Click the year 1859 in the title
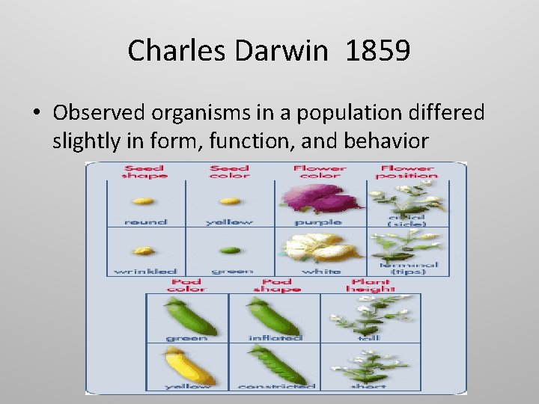(x=378, y=51)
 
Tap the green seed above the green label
(x=230, y=251)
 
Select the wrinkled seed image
(x=144, y=251)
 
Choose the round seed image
(x=143, y=201)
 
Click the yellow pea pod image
(x=189, y=366)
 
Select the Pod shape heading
(x=276, y=285)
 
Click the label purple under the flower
(x=319, y=222)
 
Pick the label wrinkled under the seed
(x=145, y=271)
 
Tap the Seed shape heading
(x=145, y=172)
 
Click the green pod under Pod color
(x=189, y=315)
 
